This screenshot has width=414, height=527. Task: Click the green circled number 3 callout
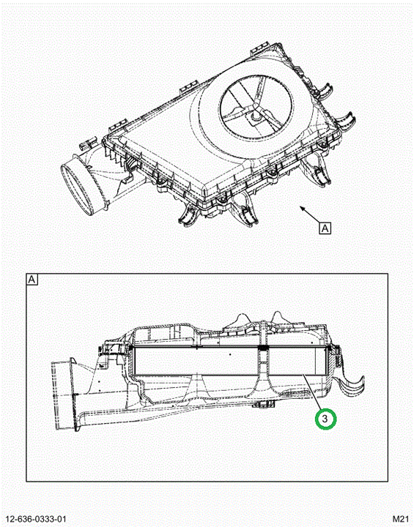tap(325, 419)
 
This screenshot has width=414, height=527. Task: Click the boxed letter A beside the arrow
tap(325, 228)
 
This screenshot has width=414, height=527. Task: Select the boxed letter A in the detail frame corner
tap(32, 280)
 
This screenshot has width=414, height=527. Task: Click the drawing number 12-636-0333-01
tap(36, 519)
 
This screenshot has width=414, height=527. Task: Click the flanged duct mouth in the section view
tap(64, 395)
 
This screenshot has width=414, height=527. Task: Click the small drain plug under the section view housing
tap(263, 404)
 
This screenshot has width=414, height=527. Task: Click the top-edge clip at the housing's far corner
tap(260, 48)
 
